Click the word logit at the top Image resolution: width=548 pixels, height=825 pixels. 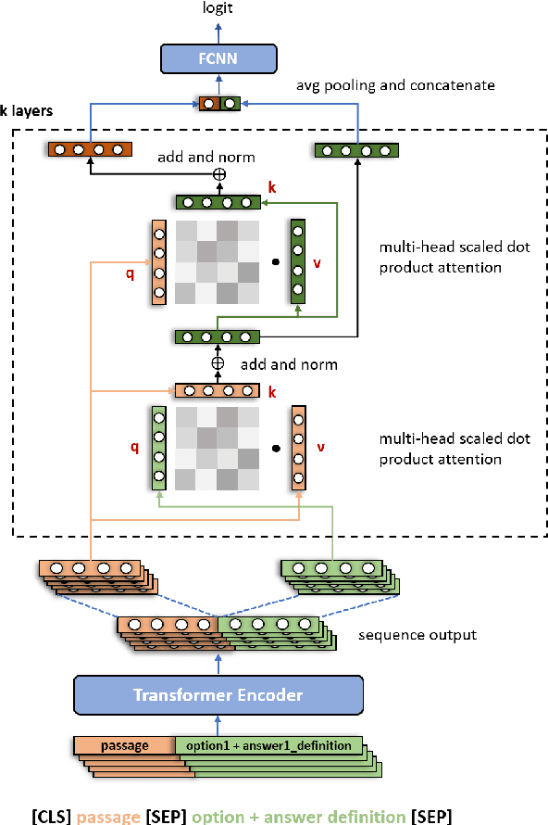(218, 8)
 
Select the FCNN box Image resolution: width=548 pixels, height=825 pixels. (218, 57)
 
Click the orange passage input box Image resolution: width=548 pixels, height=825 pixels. (125, 745)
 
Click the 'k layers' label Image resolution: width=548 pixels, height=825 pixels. (28, 110)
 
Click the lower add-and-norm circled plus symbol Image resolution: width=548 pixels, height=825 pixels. (218, 363)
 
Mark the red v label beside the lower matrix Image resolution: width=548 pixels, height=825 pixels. (322, 447)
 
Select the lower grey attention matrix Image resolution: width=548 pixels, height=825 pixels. (218, 448)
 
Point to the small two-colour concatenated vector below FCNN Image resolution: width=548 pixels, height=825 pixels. (219, 103)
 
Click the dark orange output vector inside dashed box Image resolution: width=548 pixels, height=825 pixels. (90, 149)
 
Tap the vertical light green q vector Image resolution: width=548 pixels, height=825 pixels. (159, 448)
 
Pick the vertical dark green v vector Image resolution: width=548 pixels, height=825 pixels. (298, 262)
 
